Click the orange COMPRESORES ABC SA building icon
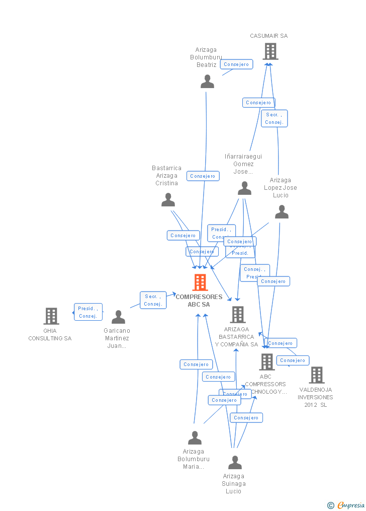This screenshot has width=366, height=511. tap(200, 282)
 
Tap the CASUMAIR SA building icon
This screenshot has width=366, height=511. tap(270, 51)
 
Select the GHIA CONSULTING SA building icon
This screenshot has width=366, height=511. tap(51, 316)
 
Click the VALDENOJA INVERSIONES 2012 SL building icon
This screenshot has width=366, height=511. tap(317, 375)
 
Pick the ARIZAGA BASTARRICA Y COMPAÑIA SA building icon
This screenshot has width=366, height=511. tap(238, 315)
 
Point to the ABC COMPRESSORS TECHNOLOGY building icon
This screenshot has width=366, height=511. tap(267, 361)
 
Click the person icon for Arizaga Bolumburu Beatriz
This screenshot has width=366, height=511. tap(207, 82)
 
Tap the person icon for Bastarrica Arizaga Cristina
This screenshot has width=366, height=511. tap(168, 200)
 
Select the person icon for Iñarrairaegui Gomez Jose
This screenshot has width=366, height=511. tap(244, 188)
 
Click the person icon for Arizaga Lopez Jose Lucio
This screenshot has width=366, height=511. tap(282, 212)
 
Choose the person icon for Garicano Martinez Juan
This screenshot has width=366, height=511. tap(118, 317)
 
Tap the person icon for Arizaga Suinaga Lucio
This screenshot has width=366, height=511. tap(235, 462)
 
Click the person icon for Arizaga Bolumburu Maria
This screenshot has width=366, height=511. tap(195, 437)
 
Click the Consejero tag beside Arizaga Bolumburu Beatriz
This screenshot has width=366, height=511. tap(236, 64)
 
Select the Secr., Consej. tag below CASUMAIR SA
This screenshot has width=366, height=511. tap(274, 118)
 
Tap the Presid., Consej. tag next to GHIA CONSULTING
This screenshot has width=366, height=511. tap(88, 312)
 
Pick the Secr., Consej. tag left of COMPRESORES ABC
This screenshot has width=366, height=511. tap(152, 300)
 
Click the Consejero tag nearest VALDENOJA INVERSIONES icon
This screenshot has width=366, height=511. tap(293, 360)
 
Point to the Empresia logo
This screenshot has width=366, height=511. tap(347, 505)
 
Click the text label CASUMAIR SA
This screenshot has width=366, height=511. tap(269, 36)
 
